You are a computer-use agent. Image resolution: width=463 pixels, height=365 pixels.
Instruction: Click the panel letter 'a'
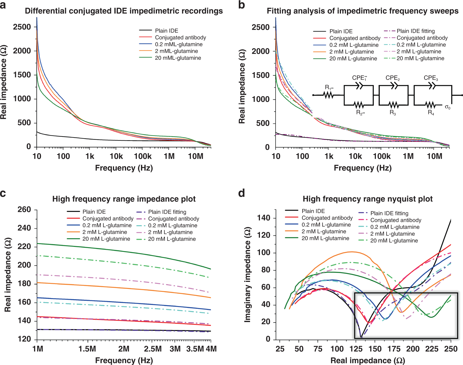pos(3,5)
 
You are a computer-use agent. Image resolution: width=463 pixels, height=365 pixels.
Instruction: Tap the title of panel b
pos(362,11)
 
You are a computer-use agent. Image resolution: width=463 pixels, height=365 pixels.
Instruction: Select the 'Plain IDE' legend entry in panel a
pos(167,31)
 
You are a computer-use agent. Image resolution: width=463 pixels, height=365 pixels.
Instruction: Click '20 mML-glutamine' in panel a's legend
pos(178,58)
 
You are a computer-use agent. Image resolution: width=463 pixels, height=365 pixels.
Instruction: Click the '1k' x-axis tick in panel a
pos(90,156)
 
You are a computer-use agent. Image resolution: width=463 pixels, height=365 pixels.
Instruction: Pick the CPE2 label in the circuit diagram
pos(392,78)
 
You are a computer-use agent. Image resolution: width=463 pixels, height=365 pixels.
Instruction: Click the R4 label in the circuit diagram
pos(431,113)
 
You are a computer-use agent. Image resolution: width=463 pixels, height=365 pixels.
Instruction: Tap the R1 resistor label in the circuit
pos(329,88)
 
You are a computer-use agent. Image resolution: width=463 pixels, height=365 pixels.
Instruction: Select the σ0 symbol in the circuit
pos(447,107)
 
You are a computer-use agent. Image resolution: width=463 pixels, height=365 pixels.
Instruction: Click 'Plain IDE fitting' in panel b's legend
pos(415,31)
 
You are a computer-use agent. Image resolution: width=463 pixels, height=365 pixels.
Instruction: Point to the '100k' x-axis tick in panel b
pos(382,156)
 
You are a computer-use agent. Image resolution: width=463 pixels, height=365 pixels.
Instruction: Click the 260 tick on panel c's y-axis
pos(24,209)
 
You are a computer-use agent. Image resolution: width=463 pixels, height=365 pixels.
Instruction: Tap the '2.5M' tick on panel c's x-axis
pos(153,349)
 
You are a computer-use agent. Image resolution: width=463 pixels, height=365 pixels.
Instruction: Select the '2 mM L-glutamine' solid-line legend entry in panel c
pos(105,232)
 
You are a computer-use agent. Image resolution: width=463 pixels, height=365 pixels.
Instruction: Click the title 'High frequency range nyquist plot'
pos(367,199)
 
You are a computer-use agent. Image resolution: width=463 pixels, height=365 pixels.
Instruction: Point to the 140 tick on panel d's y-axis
pos(264,218)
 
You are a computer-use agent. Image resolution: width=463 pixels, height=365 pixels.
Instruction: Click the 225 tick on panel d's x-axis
pos(432,349)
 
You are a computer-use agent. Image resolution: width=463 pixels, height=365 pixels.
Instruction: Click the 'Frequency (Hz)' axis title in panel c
pos(124,360)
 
